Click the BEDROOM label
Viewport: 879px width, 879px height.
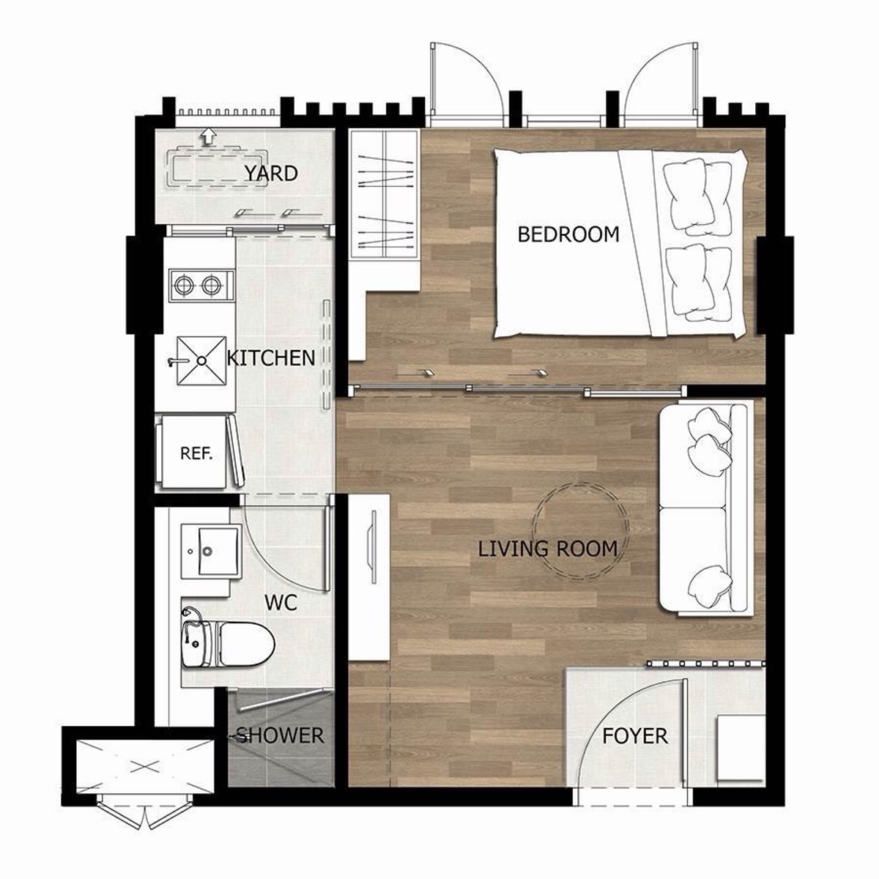click(568, 234)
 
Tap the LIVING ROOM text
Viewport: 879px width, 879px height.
click(547, 549)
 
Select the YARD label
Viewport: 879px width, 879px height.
click(271, 174)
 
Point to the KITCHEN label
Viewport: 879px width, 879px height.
click(271, 358)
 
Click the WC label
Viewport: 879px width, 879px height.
click(281, 603)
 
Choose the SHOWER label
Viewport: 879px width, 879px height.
click(280, 735)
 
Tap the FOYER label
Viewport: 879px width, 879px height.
click(634, 735)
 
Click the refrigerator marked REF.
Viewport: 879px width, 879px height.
click(196, 453)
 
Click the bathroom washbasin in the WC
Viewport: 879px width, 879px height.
click(211, 552)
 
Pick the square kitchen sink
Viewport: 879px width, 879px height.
click(201, 360)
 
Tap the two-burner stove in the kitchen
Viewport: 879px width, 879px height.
click(201, 286)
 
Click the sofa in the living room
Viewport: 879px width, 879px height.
click(704, 508)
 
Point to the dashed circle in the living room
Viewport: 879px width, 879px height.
click(581, 486)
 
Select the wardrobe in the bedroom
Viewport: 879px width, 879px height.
click(384, 194)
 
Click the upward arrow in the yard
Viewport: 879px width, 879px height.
click(209, 136)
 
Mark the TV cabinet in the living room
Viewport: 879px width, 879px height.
click(369, 578)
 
